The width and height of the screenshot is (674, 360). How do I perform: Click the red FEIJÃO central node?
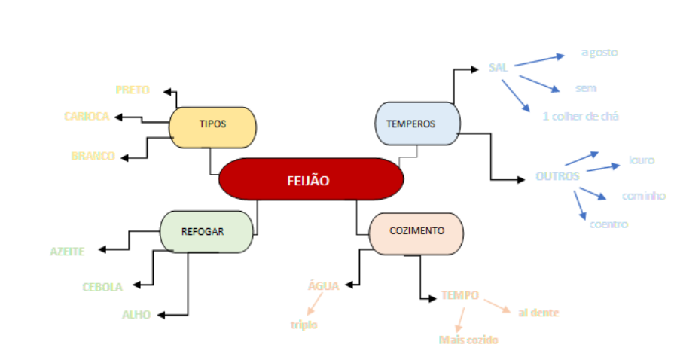click(x=310, y=180)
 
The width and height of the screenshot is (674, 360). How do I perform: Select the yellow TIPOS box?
click(x=212, y=125)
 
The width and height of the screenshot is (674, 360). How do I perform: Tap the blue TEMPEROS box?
click(x=416, y=124)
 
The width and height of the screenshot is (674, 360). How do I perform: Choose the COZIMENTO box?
click(x=416, y=230)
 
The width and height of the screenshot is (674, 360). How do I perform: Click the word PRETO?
click(x=133, y=90)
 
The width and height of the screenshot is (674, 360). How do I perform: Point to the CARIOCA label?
click(x=87, y=116)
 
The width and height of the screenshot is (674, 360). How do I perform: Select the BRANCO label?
click(x=93, y=156)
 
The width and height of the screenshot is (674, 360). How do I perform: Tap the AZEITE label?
click(x=67, y=251)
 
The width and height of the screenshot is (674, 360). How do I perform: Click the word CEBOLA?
click(x=102, y=286)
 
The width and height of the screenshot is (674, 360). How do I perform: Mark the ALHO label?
click(x=136, y=314)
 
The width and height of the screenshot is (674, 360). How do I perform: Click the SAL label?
click(x=498, y=67)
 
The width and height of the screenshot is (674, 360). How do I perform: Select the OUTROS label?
click(x=557, y=176)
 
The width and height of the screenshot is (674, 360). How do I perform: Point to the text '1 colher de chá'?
click(x=581, y=116)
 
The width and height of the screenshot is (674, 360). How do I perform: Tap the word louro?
click(x=642, y=160)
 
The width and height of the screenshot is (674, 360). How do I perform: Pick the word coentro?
click(x=608, y=224)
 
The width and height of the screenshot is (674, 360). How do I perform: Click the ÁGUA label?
click(x=323, y=285)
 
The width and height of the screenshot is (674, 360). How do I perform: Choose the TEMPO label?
click(x=459, y=295)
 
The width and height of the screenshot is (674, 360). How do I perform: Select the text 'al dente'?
click(x=538, y=312)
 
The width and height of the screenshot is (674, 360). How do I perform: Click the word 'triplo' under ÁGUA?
click(x=303, y=325)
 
